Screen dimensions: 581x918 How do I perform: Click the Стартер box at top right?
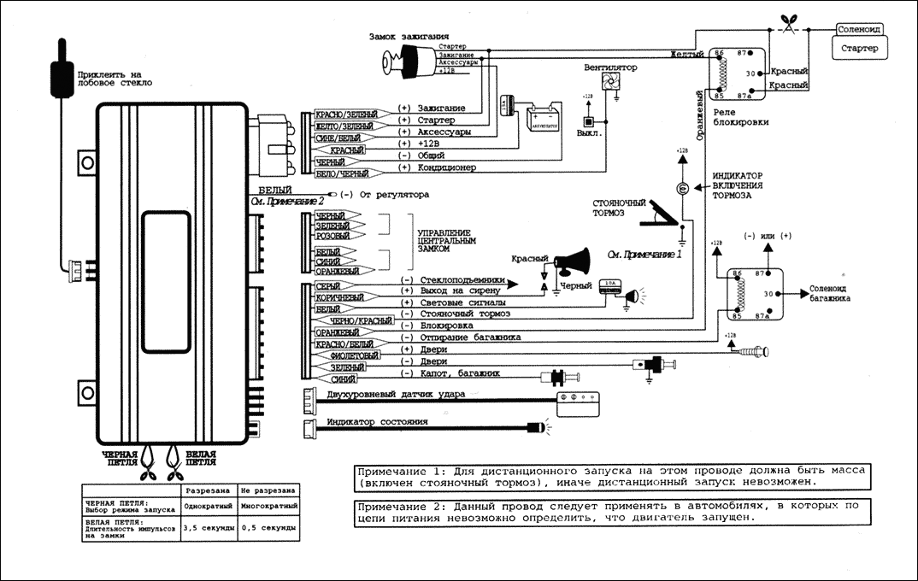coord(860,50)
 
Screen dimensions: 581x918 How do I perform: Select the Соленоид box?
coord(861,28)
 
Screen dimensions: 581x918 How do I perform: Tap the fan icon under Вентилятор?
coord(610,82)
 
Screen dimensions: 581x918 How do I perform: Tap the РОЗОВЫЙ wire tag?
coord(332,236)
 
